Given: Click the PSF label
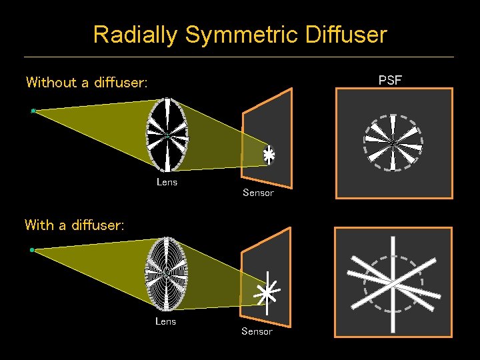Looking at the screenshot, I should (x=390, y=81).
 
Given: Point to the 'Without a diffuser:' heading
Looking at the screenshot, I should (x=86, y=83).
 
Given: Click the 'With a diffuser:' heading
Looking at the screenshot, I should (x=74, y=225).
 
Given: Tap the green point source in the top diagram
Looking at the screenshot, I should (x=33, y=111).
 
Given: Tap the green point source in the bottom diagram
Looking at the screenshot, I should (x=32, y=250).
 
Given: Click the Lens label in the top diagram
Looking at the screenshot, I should (x=167, y=182).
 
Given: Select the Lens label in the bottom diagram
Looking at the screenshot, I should (x=165, y=321).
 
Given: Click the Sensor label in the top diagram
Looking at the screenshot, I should (x=258, y=193).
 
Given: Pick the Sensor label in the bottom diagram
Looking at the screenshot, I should (x=257, y=331).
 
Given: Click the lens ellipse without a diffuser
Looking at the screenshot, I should (x=167, y=135).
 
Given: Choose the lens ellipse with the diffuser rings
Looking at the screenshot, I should (x=166, y=273).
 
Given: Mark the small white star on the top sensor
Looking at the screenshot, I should (x=268, y=155).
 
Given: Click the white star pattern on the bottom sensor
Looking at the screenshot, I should (x=267, y=292).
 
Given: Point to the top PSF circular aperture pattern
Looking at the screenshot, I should (x=393, y=143).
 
